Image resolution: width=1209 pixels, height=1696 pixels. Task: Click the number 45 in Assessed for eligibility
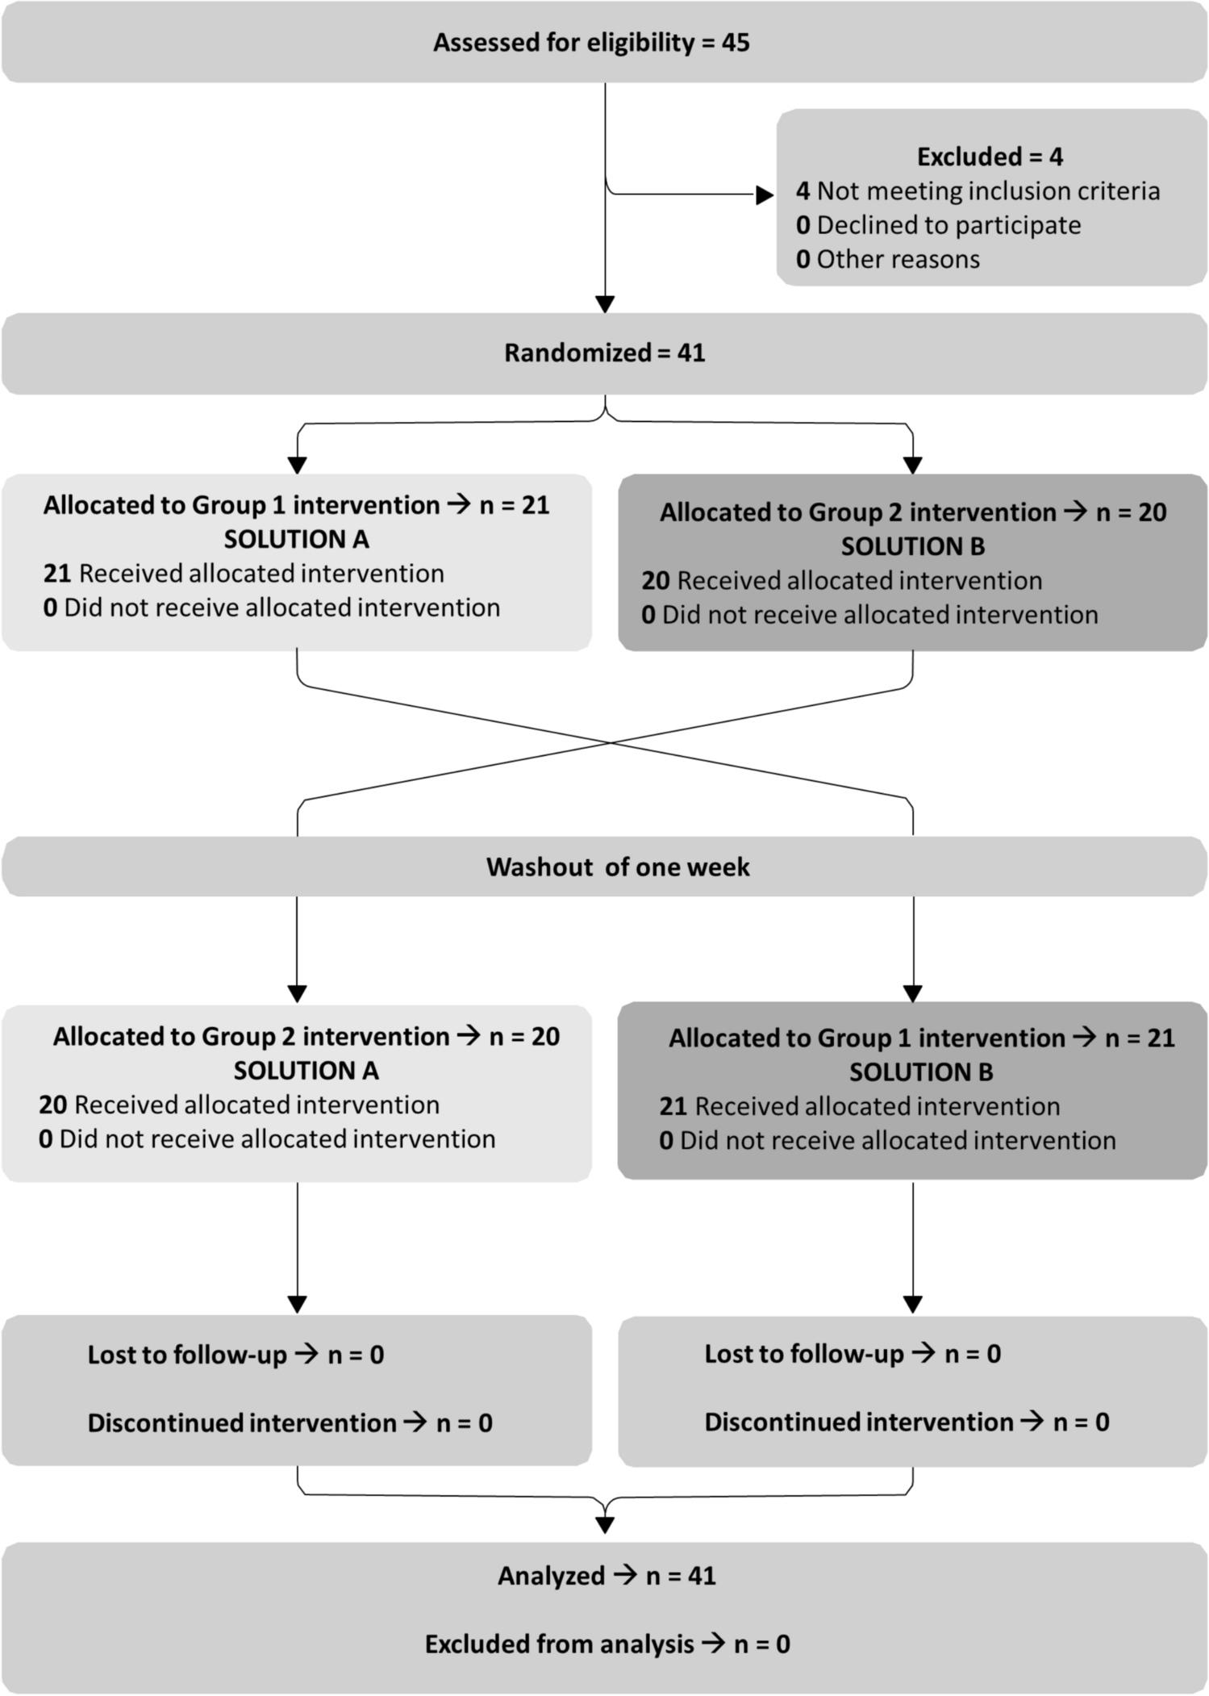click(736, 42)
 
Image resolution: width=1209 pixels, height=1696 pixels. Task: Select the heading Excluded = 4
click(990, 157)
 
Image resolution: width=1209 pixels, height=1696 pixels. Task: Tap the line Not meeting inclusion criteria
click(978, 191)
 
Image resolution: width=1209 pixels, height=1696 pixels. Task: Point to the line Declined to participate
click(938, 225)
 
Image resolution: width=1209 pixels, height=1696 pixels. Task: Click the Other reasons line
click(887, 259)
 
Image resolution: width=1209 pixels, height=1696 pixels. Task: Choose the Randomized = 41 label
click(605, 353)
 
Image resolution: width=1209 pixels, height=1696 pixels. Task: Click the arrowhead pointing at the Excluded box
click(765, 194)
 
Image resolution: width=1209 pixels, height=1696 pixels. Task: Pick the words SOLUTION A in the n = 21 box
click(296, 539)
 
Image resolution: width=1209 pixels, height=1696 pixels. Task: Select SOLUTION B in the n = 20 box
click(913, 546)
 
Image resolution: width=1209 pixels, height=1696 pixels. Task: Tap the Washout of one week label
click(618, 867)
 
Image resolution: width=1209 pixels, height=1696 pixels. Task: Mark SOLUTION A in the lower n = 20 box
click(306, 1070)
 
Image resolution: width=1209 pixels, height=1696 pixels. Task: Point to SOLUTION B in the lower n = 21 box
click(921, 1071)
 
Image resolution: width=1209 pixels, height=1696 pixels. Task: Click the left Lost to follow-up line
click(236, 1355)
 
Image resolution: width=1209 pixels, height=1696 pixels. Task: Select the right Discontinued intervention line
click(907, 1422)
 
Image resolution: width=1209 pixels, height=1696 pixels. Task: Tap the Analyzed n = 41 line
click(607, 1576)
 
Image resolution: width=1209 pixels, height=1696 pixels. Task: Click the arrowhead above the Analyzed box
click(605, 1524)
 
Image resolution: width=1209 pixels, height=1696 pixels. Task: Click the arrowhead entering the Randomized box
click(605, 304)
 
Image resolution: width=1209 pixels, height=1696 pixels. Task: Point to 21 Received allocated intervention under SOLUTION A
click(244, 573)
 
